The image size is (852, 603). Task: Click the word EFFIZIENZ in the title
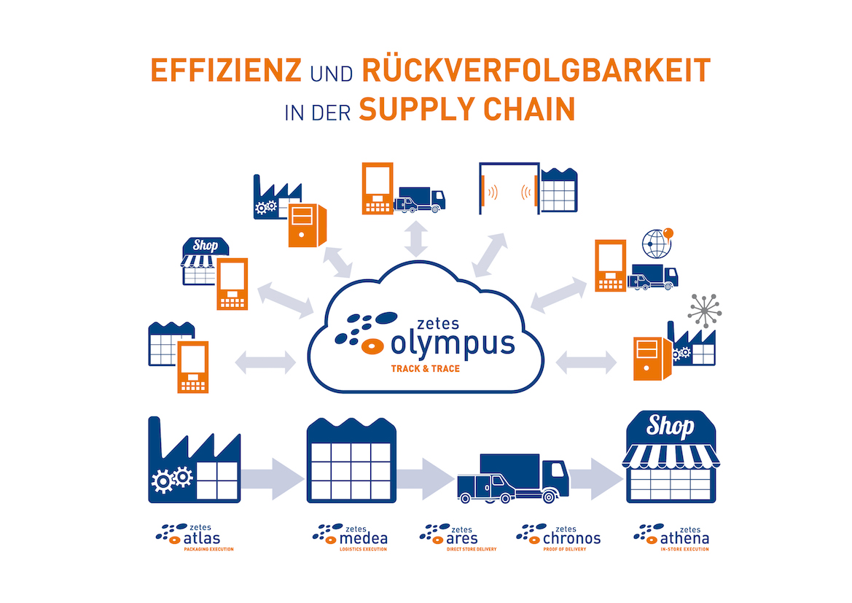click(x=225, y=71)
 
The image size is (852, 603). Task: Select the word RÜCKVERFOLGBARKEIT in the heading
click(x=536, y=71)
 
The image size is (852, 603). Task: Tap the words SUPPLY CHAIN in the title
click(x=466, y=109)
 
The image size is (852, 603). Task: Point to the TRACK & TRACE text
click(x=426, y=368)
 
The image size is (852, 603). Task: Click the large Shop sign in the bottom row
click(x=671, y=425)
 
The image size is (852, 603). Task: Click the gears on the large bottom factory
click(x=171, y=479)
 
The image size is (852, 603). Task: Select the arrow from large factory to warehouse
click(x=272, y=478)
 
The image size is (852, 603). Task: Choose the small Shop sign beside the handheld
click(x=205, y=246)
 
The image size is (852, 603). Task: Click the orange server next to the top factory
click(x=305, y=223)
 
